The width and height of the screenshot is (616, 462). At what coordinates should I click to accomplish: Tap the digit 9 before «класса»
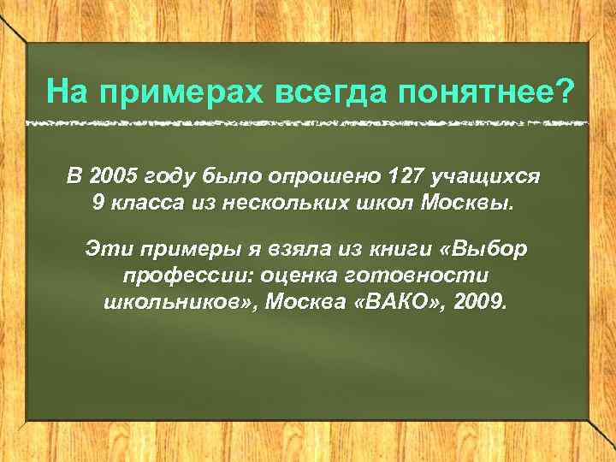point(97,204)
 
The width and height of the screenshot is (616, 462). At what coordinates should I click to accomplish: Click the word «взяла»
point(276,249)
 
